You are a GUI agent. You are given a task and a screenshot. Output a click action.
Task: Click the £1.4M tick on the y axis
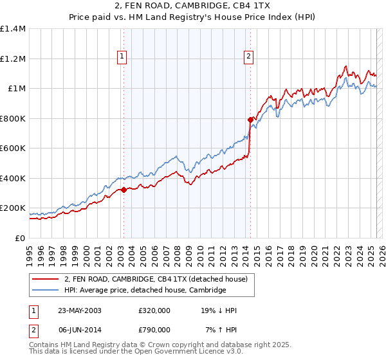(12, 29)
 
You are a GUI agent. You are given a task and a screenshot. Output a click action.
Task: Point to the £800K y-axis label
(12, 118)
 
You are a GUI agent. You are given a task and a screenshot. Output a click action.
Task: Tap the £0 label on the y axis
(21, 238)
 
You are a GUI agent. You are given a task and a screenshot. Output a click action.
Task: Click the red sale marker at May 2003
(124, 190)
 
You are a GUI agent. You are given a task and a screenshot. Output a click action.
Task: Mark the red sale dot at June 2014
(250, 120)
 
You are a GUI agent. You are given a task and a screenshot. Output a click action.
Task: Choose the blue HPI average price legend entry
(145, 291)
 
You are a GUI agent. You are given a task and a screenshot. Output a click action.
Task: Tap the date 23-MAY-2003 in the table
(80, 310)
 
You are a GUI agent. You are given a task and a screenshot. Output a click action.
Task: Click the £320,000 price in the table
(154, 310)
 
